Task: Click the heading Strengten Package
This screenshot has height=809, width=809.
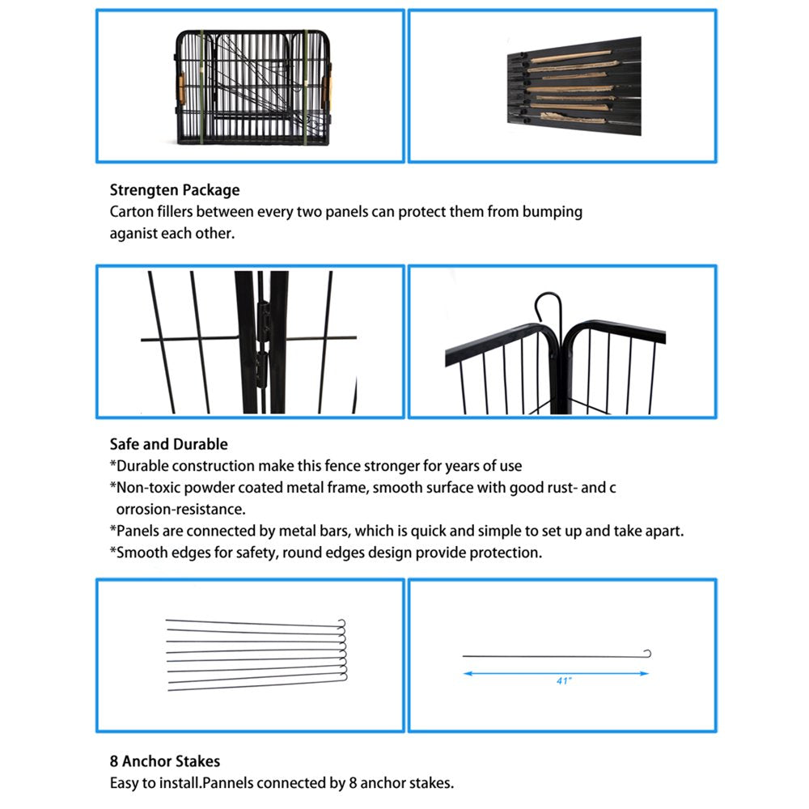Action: coord(175,191)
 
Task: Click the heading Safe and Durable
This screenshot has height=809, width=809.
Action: coord(168,444)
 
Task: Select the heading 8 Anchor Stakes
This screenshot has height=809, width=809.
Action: coord(164,761)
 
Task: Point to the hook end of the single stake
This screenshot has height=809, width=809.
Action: coord(646,654)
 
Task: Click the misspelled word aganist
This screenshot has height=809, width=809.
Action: coord(135,234)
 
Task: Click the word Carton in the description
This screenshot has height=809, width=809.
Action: coord(131,213)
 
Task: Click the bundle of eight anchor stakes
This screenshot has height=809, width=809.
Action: coord(255,654)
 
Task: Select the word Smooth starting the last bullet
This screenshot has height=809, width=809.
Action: coord(141,553)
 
